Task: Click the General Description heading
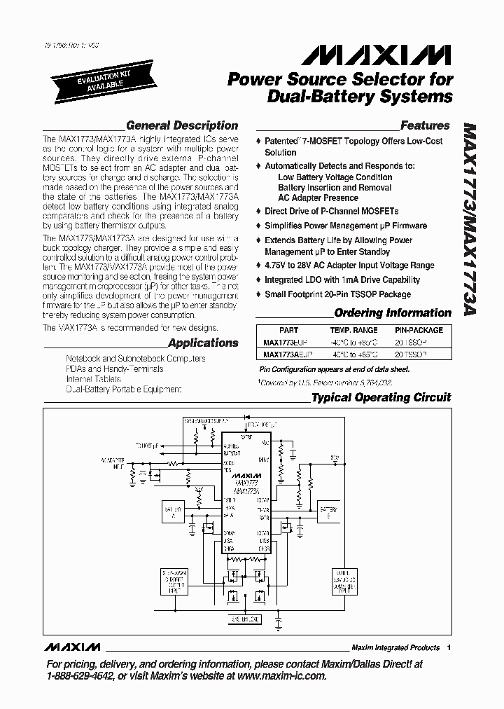point(182,125)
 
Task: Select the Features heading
point(425,126)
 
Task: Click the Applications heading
point(203,343)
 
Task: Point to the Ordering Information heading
point(393,313)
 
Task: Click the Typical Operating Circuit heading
point(381,397)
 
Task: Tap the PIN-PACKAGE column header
point(419,330)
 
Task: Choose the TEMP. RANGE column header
point(354,330)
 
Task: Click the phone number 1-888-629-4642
point(80,676)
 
